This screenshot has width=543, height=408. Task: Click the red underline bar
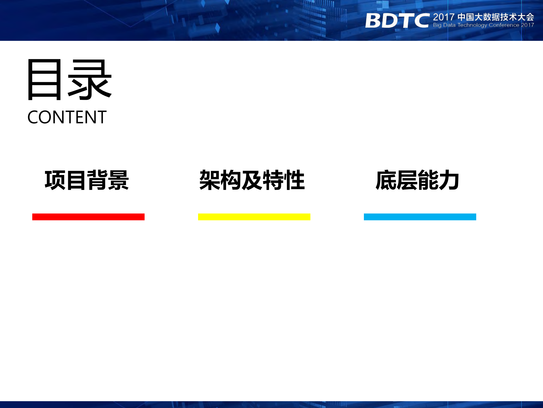click(x=88, y=217)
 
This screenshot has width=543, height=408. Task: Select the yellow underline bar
click(x=254, y=217)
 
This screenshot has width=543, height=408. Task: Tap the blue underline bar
click(x=420, y=217)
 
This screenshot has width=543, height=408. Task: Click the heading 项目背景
click(x=87, y=180)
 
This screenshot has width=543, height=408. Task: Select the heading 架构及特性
click(x=252, y=180)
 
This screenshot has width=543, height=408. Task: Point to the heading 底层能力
click(x=417, y=180)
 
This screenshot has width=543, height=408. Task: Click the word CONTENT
click(x=67, y=117)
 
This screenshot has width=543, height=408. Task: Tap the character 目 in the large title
click(x=44, y=80)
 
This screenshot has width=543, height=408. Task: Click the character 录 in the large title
click(x=90, y=80)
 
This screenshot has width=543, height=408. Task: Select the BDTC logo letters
click(x=397, y=21)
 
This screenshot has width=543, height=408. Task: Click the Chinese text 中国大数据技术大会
click(x=496, y=17)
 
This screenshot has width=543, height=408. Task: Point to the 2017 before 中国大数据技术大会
click(x=444, y=17)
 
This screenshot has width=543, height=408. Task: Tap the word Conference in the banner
click(x=504, y=25)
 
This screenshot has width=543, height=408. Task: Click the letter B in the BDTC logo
click(x=374, y=21)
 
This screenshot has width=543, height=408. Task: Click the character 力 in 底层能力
click(x=448, y=180)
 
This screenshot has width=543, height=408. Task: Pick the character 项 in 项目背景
click(x=55, y=180)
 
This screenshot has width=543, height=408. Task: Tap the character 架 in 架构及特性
click(x=210, y=180)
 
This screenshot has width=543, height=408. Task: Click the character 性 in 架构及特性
click(x=294, y=180)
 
